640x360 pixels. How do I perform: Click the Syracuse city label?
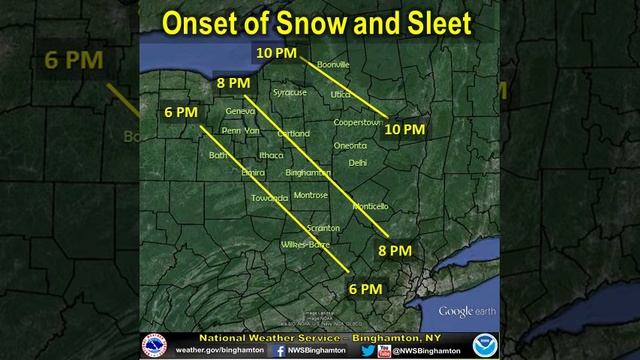pos(290,92)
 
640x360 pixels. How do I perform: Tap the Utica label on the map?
pos(341,93)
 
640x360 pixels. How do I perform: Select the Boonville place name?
pos(332,65)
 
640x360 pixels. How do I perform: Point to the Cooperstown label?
pos(358,121)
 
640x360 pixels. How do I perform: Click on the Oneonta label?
pos(350,145)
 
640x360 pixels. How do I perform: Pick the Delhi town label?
pos(357,161)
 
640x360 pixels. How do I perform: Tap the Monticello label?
pos(370,206)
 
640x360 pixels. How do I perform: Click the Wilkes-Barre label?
pos(305,244)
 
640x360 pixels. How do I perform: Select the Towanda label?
pos(242,198)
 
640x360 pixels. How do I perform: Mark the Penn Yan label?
pos(240,130)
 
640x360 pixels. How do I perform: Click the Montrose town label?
pos(311,195)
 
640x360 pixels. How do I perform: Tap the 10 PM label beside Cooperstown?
pos(405,129)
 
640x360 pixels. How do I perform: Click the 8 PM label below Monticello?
pos(395,248)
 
